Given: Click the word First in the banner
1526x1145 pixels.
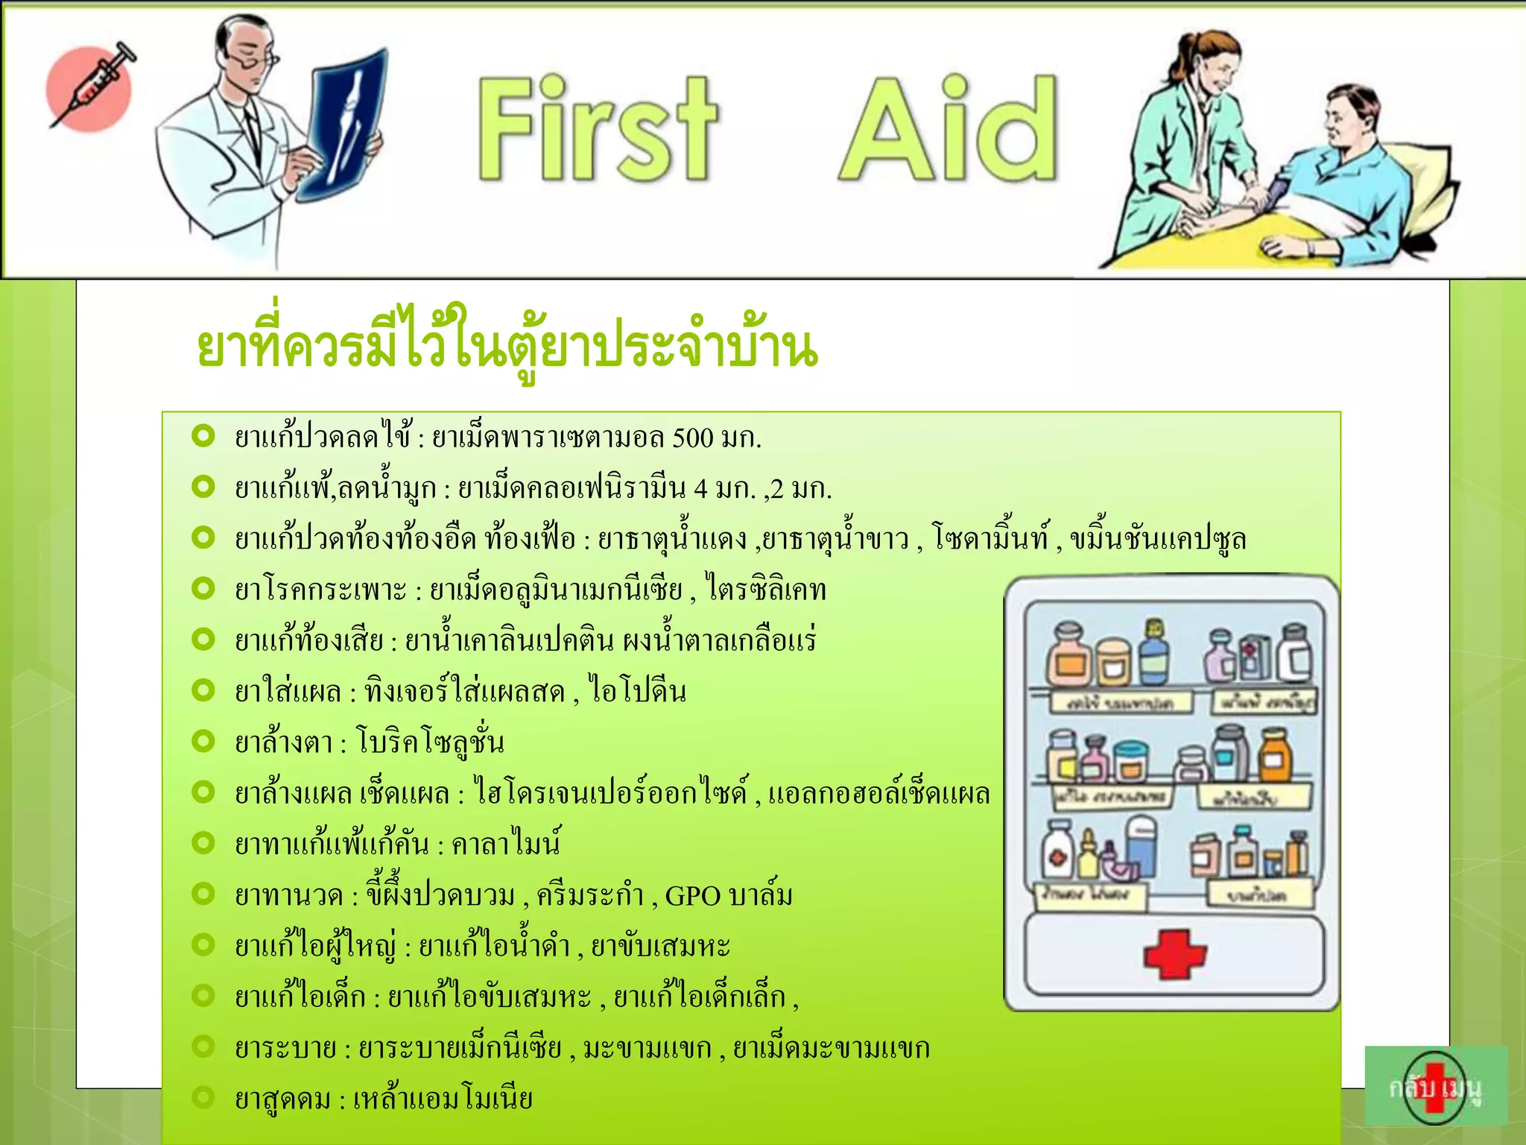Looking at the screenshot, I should coord(596,130).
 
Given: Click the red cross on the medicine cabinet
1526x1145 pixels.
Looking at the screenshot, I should coord(1174,953).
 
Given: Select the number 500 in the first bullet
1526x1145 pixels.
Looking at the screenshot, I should coord(692,438).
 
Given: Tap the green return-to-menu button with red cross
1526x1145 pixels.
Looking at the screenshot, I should coord(1435,1085).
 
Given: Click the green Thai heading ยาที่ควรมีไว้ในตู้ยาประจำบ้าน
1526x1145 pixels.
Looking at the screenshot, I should coord(507,347).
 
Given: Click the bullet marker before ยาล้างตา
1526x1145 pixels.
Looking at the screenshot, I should coord(203,740).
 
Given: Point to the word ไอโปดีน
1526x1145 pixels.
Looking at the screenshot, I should coord(638,691).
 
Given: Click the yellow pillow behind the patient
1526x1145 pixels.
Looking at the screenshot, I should coord(1427,179).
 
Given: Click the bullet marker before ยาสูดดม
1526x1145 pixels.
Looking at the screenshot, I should coord(203,1097).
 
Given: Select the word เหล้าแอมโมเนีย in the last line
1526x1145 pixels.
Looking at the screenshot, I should coord(443,1099).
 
